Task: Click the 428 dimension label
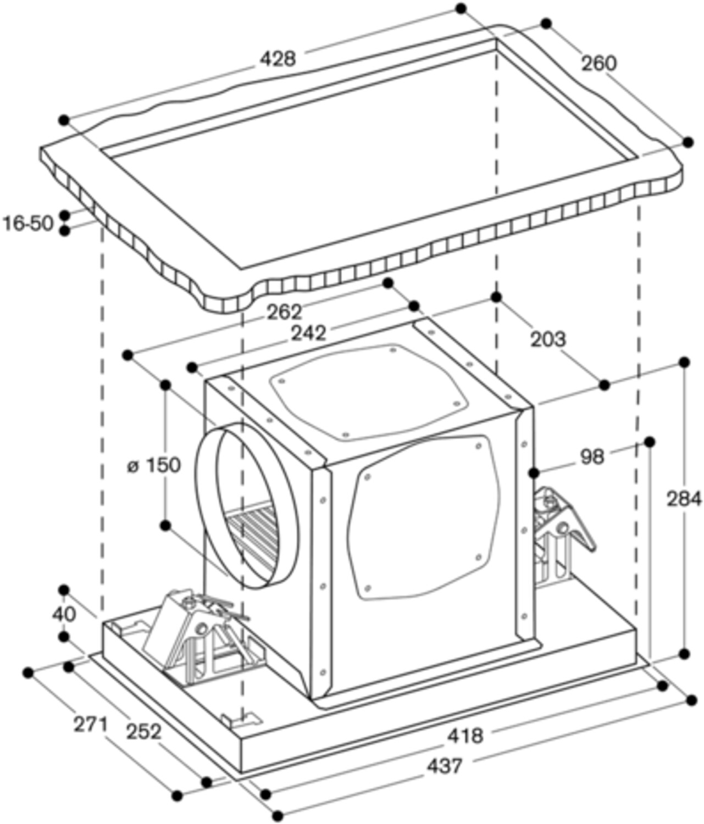pyautogui.click(x=278, y=59)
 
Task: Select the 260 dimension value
pyautogui.click(x=598, y=64)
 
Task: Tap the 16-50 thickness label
pyautogui.click(x=29, y=223)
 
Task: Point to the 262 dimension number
pyautogui.click(x=285, y=313)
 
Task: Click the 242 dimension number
pyautogui.click(x=309, y=333)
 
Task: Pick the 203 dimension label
pyautogui.click(x=548, y=339)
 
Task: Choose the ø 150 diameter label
pyautogui.click(x=154, y=465)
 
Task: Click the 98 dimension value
pyautogui.click(x=592, y=457)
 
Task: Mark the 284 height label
pyautogui.click(x=684, y=499)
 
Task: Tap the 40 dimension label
pyautogui.click(x=64, y=615)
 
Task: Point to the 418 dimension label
pyautogui.click(x=465, y=736)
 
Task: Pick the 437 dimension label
pyautogui.click(x=444, y=766)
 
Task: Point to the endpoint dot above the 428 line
pyautogui.click(x=461, y=8)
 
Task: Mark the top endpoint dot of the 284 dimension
pyautogui.click(x=684, y=363)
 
